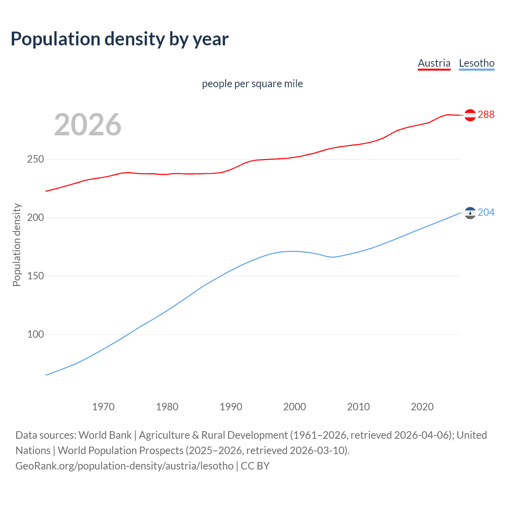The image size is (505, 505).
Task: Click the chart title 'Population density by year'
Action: point(120,39)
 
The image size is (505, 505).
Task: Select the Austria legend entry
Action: point(434,63)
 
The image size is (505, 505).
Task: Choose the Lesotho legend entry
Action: point(477,63)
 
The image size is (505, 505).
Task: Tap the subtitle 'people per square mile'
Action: point(252,84)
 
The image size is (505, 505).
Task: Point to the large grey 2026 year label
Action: point(88,125)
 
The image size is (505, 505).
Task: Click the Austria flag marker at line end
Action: point(470,115)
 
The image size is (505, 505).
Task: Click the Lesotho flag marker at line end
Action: point(470,213)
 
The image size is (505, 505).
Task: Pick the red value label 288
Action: point(486,114)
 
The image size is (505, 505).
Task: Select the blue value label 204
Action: point(486,212)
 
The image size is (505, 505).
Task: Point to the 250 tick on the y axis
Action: point(36,159)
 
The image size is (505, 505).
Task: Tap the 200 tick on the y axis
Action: point(36,218)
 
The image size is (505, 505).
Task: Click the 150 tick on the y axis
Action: point(36,276)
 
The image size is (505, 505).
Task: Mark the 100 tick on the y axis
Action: point(36,335)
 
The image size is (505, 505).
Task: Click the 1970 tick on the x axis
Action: point(103,407)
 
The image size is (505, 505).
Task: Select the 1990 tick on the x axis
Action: point(231,407)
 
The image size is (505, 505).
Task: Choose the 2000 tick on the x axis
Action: point(295,407)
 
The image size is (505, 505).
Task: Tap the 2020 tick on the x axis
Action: point(422,407)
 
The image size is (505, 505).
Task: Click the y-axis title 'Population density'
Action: point(17,245)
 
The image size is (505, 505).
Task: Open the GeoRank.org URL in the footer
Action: point(124,466)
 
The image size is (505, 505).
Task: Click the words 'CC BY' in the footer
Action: point(255,466)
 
